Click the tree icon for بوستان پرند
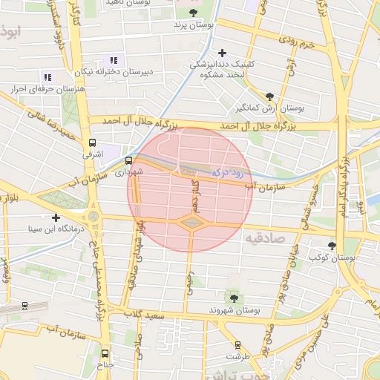(194, 13)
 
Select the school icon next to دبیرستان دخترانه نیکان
(114, 60)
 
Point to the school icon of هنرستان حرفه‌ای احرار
(47, 77)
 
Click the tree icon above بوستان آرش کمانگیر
(269, 96)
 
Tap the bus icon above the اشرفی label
(92, 143)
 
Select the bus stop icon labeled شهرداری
(128, 160)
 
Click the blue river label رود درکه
(227, 171)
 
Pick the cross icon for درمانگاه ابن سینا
(56, 217)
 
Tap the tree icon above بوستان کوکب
(332, 245)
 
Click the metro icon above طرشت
(237, 345)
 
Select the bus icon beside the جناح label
(104, 353)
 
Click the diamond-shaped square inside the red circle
(191, 222)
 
